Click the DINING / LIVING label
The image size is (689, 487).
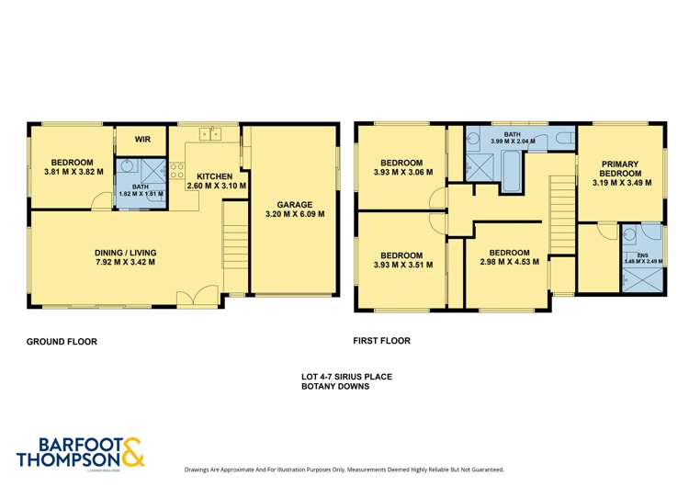point(125,251)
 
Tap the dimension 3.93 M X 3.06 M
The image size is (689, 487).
point(401,171)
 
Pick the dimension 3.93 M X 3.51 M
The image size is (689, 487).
point(401,265)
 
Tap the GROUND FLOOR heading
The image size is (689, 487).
point(62,342)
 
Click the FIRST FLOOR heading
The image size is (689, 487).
point(381,341)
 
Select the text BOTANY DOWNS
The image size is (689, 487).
point(336,387)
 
